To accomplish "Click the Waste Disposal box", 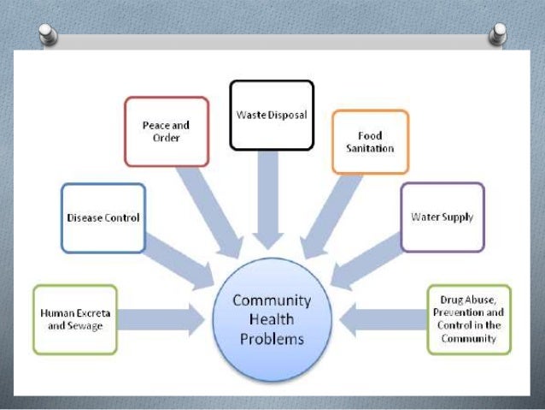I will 272,115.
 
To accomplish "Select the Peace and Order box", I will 166,131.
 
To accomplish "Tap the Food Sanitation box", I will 370,141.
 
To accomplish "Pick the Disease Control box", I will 103,217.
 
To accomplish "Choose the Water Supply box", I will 442,217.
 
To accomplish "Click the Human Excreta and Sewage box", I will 74,319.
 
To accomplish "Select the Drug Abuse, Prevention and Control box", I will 469,319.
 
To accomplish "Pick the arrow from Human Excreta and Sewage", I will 162,320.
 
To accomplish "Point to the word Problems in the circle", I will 272,338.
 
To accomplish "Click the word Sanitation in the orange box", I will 370,148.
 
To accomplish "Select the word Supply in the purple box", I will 457,217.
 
